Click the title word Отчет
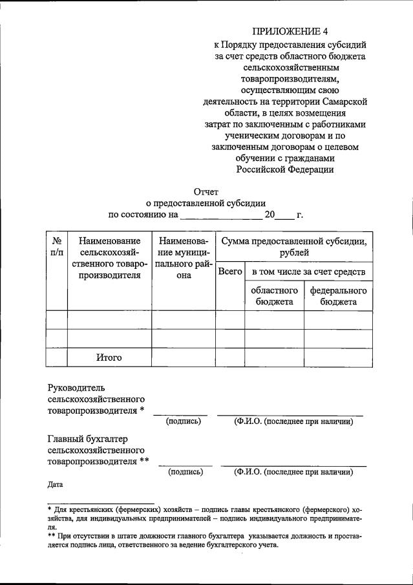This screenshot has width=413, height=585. pos(206,191)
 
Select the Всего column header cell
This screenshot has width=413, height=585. pos(229,272)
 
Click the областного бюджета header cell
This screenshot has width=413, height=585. pos(274,295)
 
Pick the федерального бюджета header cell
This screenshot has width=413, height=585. pos(338,295)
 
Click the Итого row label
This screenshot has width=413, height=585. pos(109,357)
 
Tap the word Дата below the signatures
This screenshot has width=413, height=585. pos(56,484)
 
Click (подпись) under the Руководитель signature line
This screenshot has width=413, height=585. pos(184,421)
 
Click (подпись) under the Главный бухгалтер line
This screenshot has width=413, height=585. pos(185,472)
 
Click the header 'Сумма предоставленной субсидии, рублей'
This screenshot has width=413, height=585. pos(294,246)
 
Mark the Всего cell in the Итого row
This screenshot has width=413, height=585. pos(229,357)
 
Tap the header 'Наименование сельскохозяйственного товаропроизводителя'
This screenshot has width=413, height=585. pos(109,257)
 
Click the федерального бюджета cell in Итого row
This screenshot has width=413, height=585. pos(338,357)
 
